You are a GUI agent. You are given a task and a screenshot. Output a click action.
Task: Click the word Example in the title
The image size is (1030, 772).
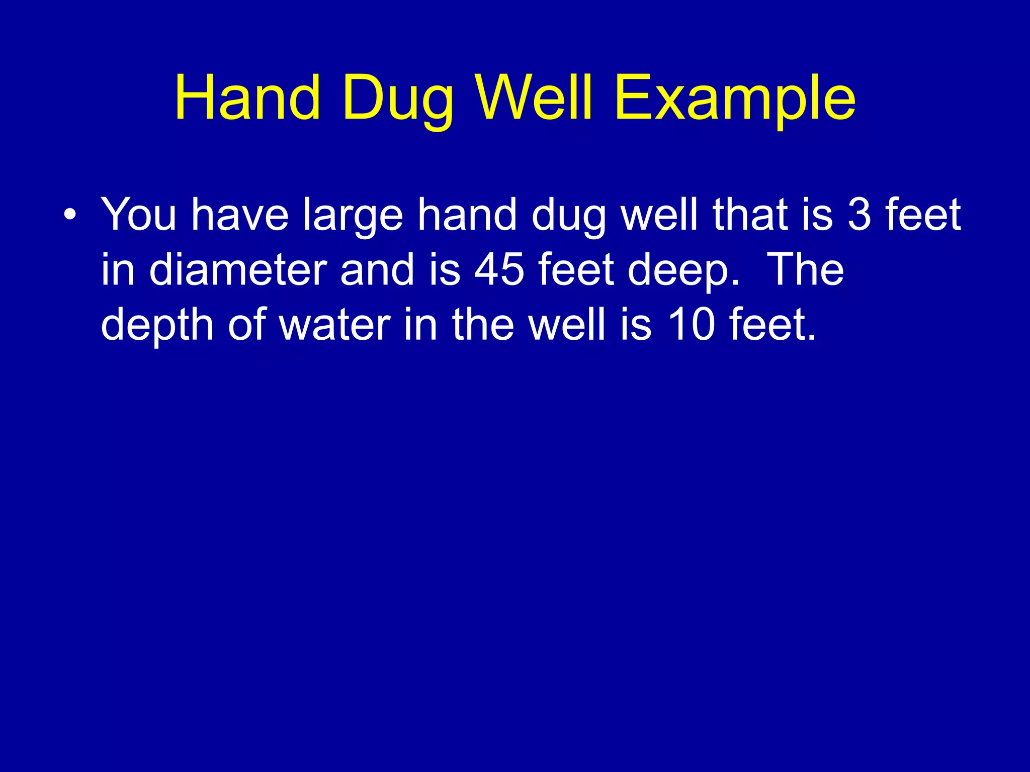click(x=735, y=99)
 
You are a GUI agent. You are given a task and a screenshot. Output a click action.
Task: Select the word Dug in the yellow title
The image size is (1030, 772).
click(x=398, y=99)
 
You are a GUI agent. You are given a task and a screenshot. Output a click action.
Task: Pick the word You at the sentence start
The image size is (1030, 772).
click(x=139, y=215)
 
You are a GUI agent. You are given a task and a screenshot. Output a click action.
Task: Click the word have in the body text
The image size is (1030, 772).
click(x=240, y=215)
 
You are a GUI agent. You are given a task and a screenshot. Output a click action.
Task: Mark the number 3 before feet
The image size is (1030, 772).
click(x=859, y=215)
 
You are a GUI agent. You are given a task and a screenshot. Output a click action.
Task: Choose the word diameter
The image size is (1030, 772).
click(x=238, y=270)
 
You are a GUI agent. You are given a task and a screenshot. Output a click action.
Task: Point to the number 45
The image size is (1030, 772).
click(x=499, y=270)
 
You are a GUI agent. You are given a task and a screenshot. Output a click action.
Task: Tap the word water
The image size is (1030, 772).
click(x=335, y=326)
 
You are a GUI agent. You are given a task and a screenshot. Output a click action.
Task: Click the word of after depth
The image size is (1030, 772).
click(x=246, y=326)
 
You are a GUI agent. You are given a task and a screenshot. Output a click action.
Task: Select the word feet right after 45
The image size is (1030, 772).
click(x=576, y=270)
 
